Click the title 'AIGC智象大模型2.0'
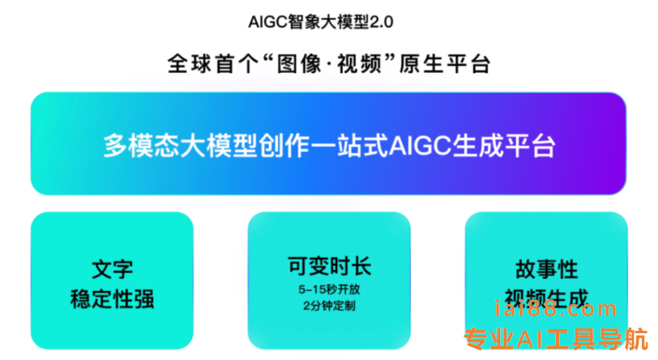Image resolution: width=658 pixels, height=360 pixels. coord(321,22)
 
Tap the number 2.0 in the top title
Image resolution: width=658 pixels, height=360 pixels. coord(382,22)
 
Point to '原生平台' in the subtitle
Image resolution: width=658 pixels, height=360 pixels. coord(445,64)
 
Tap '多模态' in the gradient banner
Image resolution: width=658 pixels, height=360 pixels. coord(142,146)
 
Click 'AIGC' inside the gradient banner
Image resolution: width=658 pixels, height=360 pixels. coord(421,146)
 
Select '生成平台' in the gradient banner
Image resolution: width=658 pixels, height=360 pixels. coord(504,146)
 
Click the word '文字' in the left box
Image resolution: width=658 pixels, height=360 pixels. coord(112,269)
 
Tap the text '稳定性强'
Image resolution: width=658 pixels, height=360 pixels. coord(112,299)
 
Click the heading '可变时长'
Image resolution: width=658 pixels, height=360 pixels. coord(330,266)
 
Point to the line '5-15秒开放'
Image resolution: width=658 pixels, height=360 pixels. coord(330,289)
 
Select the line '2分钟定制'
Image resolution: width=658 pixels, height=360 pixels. coord(330,306)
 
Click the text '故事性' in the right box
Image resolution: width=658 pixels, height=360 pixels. coord(546,269)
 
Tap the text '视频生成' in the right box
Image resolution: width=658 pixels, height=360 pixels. coord(546,298)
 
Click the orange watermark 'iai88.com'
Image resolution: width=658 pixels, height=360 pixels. coord(556,309)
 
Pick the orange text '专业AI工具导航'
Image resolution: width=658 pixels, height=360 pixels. coord(556,339)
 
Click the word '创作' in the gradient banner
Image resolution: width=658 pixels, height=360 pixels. coord(284,146)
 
